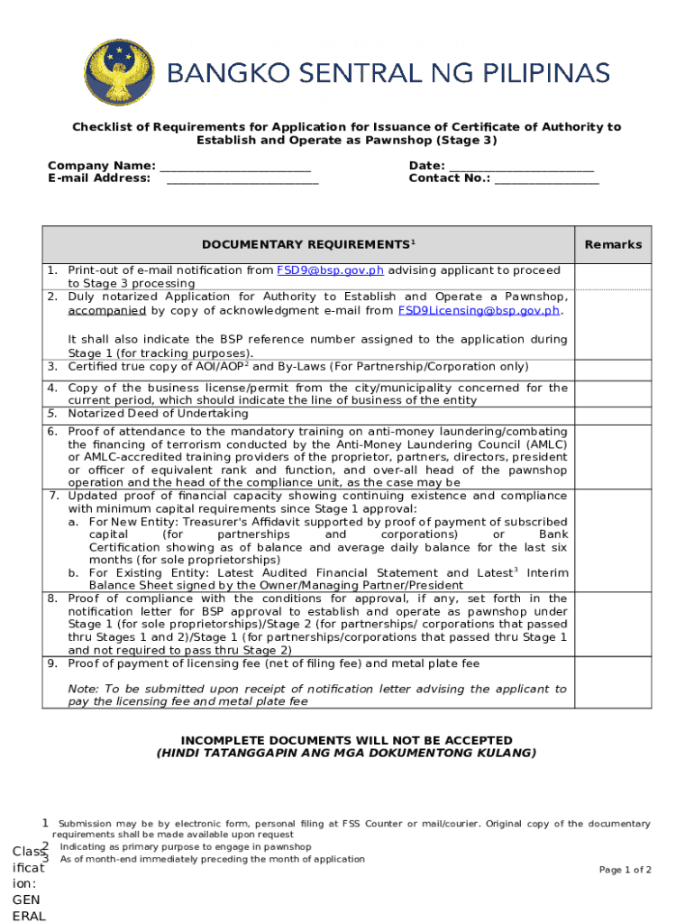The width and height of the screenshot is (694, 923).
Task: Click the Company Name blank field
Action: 235,167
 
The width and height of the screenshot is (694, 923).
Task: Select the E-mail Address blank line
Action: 242,179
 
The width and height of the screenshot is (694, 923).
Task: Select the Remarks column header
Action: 613,245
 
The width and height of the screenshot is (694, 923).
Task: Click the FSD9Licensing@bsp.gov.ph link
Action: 479,311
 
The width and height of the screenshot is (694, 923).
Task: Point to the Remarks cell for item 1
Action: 613,277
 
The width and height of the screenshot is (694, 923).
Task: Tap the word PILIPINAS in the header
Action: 534,72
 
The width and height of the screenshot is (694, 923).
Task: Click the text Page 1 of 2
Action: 625,870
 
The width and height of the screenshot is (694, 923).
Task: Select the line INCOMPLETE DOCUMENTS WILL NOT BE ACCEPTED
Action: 347,740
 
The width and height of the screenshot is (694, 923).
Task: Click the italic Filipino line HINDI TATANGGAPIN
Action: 347,753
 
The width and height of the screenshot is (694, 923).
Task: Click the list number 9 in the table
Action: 53,663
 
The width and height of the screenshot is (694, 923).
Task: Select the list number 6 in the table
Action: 53,432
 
